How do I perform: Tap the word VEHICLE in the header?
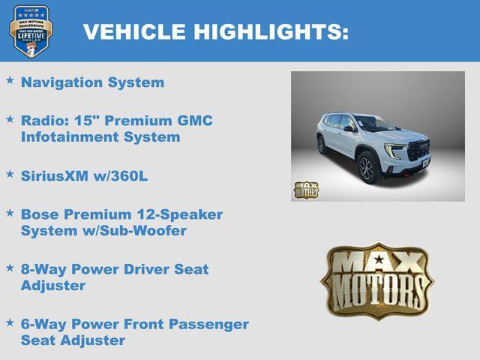point(134,31)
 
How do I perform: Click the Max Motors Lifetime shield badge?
point(31,31)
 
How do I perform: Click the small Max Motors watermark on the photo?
point(305,190)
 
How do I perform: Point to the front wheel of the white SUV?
point(366,169)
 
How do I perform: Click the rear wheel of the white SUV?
point(322,145)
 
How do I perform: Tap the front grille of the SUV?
point(417,149)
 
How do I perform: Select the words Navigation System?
point(92,82)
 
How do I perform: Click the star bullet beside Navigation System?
point(10,79)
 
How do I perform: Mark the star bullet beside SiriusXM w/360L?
point(10,172)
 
